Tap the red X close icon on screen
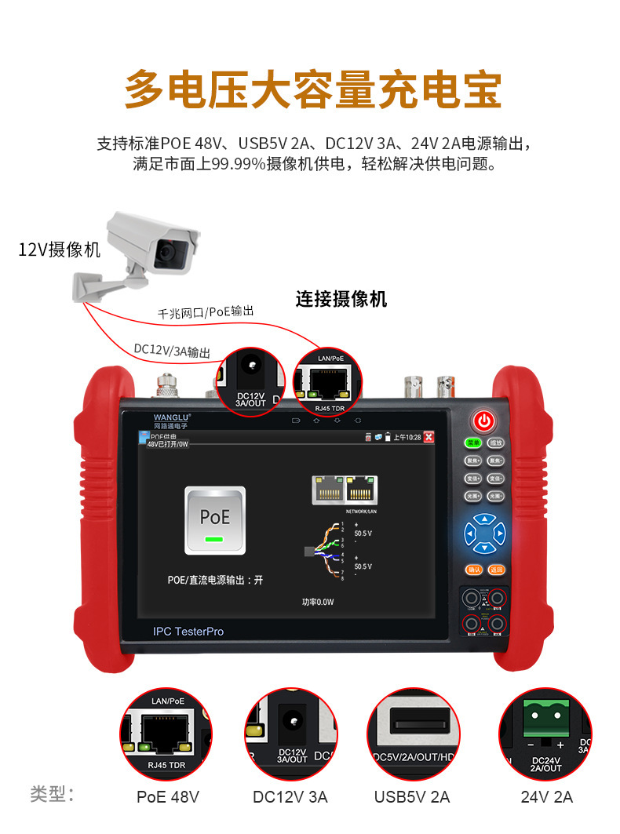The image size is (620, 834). click(x=429, y=437)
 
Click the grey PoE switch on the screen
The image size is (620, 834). click(x=214, y=519)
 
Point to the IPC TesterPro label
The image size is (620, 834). click(x=188, y=631)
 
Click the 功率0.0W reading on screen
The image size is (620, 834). click(x=319, y=603)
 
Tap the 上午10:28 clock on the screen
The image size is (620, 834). click(x=407, y=437)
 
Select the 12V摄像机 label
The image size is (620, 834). click(x=59, y=250)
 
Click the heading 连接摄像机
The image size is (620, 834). click(x=341, y=299)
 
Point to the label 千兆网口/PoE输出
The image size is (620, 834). click(x=206, y=313)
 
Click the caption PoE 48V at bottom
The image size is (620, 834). click(x=168, y=797)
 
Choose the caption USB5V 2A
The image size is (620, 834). click(x=412, y=797)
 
